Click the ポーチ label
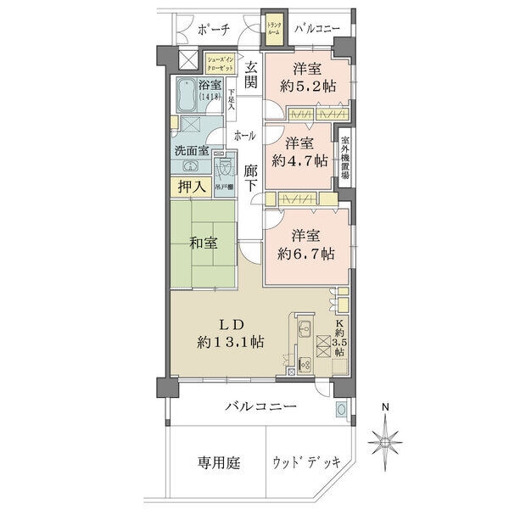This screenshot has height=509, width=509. [213, 30]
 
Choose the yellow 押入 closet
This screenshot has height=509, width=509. [191, 186]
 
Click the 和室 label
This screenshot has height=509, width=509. [203, 243]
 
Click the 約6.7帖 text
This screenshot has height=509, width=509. [309, 253]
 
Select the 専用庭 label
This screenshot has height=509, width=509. [220, 463]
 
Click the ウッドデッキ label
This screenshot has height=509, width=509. [307, 463]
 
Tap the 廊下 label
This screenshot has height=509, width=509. [250, 180]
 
